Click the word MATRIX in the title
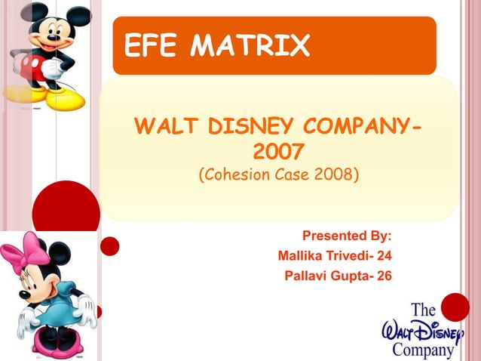[x=250, y=47]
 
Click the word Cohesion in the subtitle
[x=233, y=176]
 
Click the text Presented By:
[x=346, y=236]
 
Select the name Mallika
[x=305, y=255]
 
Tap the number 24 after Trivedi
[x=384, y=255]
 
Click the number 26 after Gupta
[x=384, y=275]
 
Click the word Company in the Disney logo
[x=422, y=350]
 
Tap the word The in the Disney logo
[x=424, y=310]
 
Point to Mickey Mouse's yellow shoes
[x=60, y=98]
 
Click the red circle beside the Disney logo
[x=455, y=307]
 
